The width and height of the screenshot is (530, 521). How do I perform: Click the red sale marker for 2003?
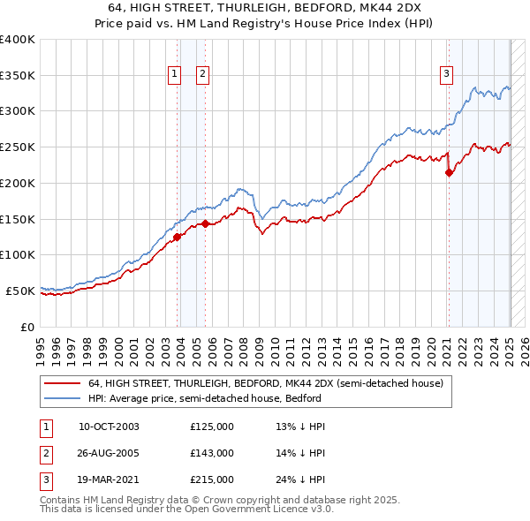177,236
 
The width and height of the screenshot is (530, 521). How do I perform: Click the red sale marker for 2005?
206,223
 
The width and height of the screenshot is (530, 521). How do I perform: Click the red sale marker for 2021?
449,172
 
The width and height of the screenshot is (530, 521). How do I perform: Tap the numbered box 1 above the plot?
174,74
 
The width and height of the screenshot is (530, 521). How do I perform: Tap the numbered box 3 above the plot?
447,74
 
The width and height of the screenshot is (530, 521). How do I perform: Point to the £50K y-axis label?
20,291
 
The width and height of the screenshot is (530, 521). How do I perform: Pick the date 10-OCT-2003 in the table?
109,427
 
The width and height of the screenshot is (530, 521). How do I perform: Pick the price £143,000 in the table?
212,453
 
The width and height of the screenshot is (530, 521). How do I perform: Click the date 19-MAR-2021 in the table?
110,479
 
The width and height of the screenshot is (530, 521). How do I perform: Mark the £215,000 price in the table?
212,479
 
